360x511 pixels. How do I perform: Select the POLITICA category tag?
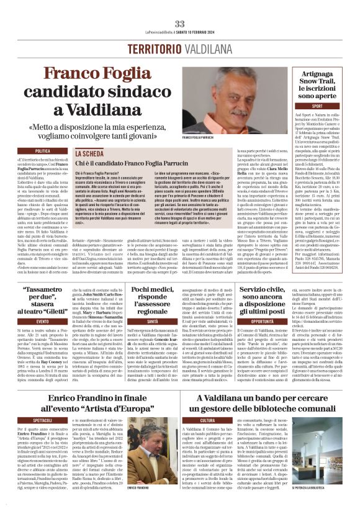[x=43, y=151]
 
